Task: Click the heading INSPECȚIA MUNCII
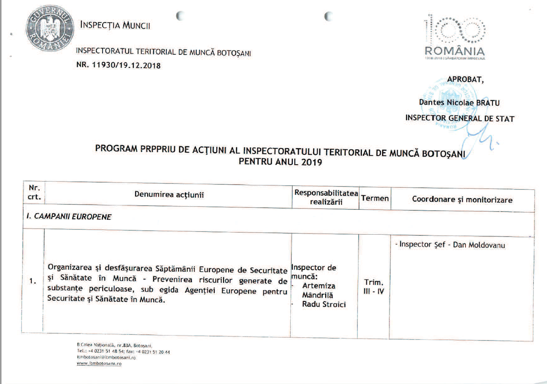[115, 26]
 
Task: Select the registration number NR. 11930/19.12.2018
[118, 65]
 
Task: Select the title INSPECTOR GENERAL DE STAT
[460, 119]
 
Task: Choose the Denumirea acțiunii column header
[169, 195]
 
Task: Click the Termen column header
[375, 199]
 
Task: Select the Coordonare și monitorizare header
[462, 199]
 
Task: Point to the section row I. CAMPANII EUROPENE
[67, 217]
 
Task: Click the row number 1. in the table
[33, 281]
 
